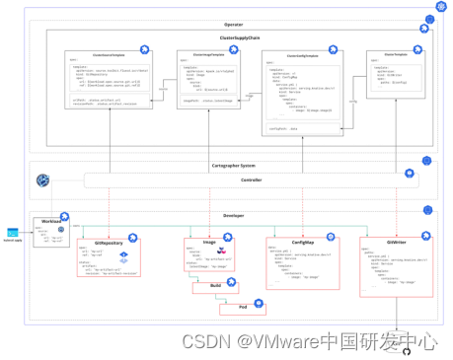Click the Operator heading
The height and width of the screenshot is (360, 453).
click(x=233, y=24)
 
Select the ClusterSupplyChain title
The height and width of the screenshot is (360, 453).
click(x=234, y=37)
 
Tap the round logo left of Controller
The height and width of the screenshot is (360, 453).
click(x=42, y=180)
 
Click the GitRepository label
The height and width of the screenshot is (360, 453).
click(x=109, y=242)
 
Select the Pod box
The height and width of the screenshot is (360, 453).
click(x=241, y=309)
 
